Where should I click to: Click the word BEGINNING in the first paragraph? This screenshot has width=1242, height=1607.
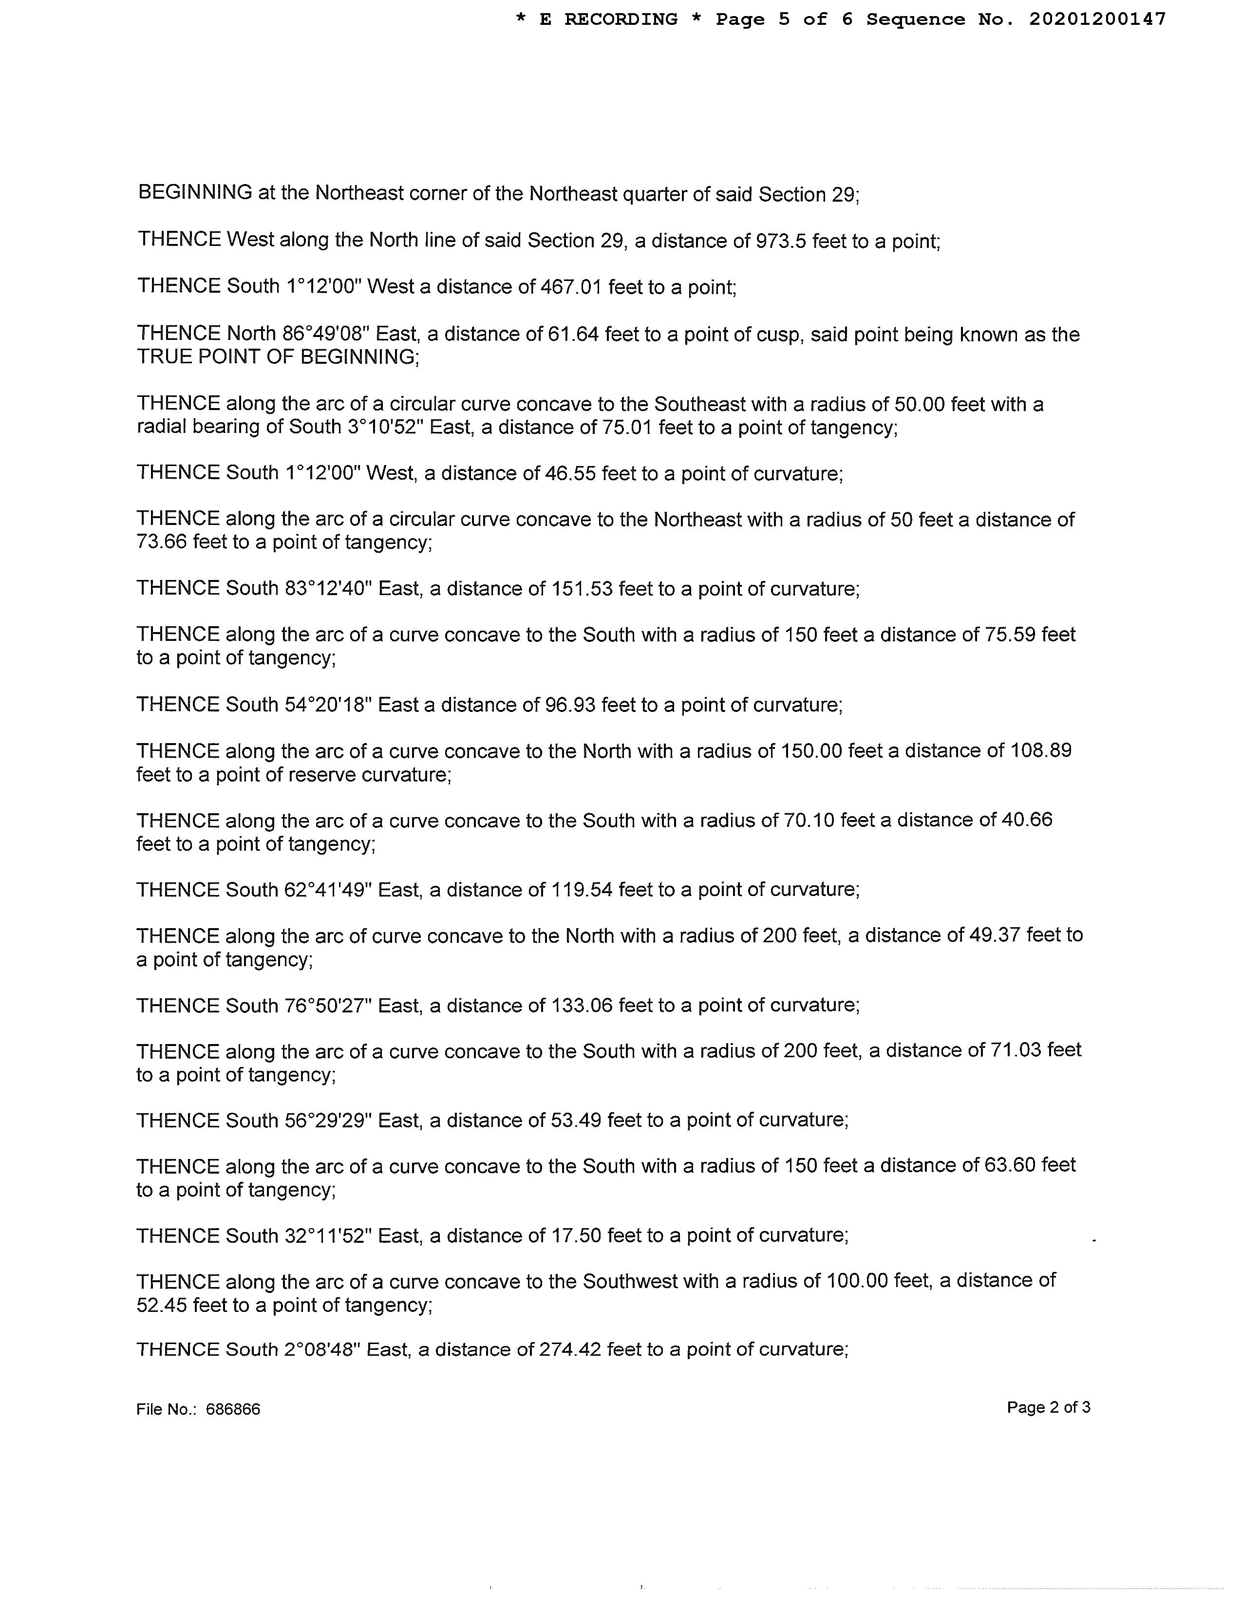195,193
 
